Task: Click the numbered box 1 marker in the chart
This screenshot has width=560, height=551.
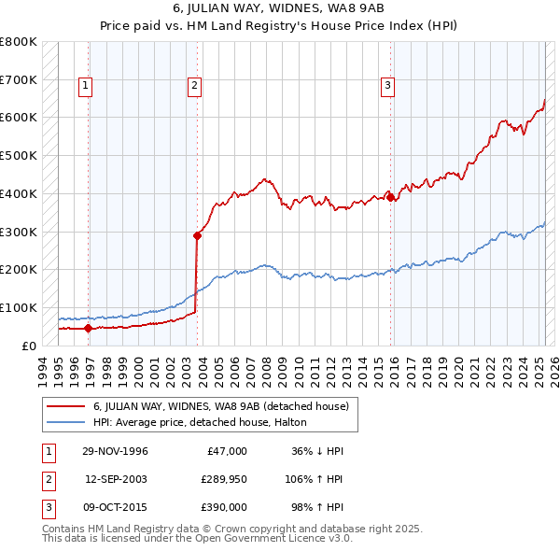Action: click(x=85, y=87)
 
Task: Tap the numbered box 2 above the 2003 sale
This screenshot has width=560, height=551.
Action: click(x=194, y=87)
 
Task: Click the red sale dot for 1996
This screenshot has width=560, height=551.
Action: click(x=89, y=328)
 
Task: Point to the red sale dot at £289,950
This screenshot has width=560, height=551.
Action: click(x=198, y=235)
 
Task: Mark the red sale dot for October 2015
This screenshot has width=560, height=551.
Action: click(x=391, y=197)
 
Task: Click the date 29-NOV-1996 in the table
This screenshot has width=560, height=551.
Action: click(x=116, y=451)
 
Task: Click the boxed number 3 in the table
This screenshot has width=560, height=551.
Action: click(x=46, y=507)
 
